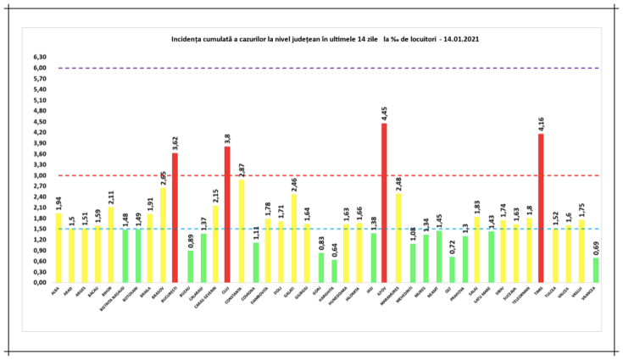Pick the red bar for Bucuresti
coord(175,218)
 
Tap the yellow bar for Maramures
coord(398,238)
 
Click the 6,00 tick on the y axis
coord(41,68)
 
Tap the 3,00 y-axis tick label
coord(41,175)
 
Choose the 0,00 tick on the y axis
coord(41,283)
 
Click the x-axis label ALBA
coord(55,290)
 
